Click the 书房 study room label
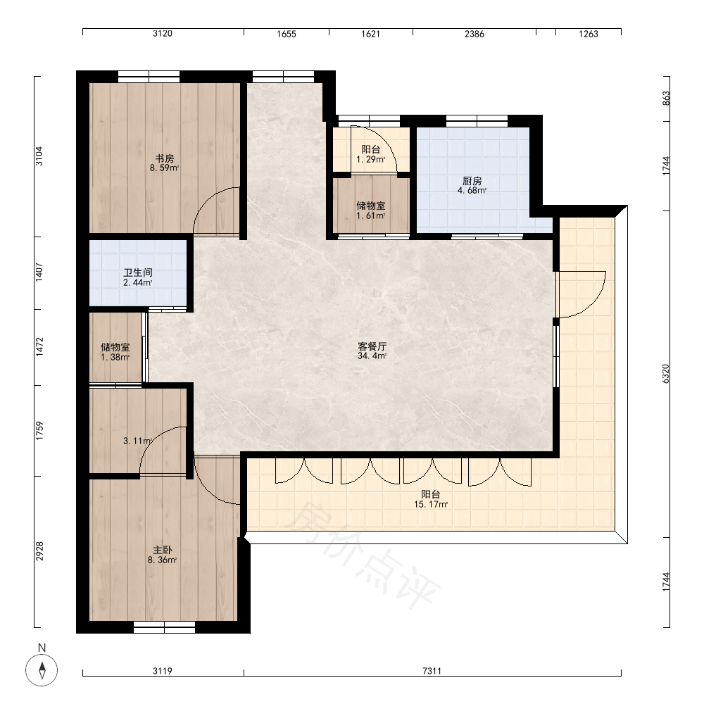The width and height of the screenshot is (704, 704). pos(165,158)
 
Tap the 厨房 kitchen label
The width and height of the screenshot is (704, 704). pos(472,181)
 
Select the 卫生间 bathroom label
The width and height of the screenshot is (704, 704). pos(138,272)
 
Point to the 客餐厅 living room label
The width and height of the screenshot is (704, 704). pos(372,346)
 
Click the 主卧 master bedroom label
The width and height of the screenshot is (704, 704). pos(162,550)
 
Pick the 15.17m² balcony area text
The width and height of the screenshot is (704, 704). pos(431,504)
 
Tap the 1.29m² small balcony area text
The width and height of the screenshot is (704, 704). pos(371,159)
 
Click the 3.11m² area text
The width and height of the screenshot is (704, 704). pos(137,441)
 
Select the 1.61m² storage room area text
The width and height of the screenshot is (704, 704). pos(371,215)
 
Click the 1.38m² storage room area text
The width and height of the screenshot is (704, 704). pos(115,358)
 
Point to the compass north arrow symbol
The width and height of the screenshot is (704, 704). pos(42,670)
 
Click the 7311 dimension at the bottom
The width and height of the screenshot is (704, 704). pos(432,671)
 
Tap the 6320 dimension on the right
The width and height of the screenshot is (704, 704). pos(666,374)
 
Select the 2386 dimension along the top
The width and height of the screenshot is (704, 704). pos(474,34)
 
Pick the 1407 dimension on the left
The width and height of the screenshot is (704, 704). pos(39,272)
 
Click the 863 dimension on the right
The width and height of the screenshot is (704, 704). pos(666,99)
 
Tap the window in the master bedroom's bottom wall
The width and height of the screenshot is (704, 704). pos(164,627)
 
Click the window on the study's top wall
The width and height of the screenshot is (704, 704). pos(149,77)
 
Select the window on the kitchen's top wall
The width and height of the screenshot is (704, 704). pos(477,121)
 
